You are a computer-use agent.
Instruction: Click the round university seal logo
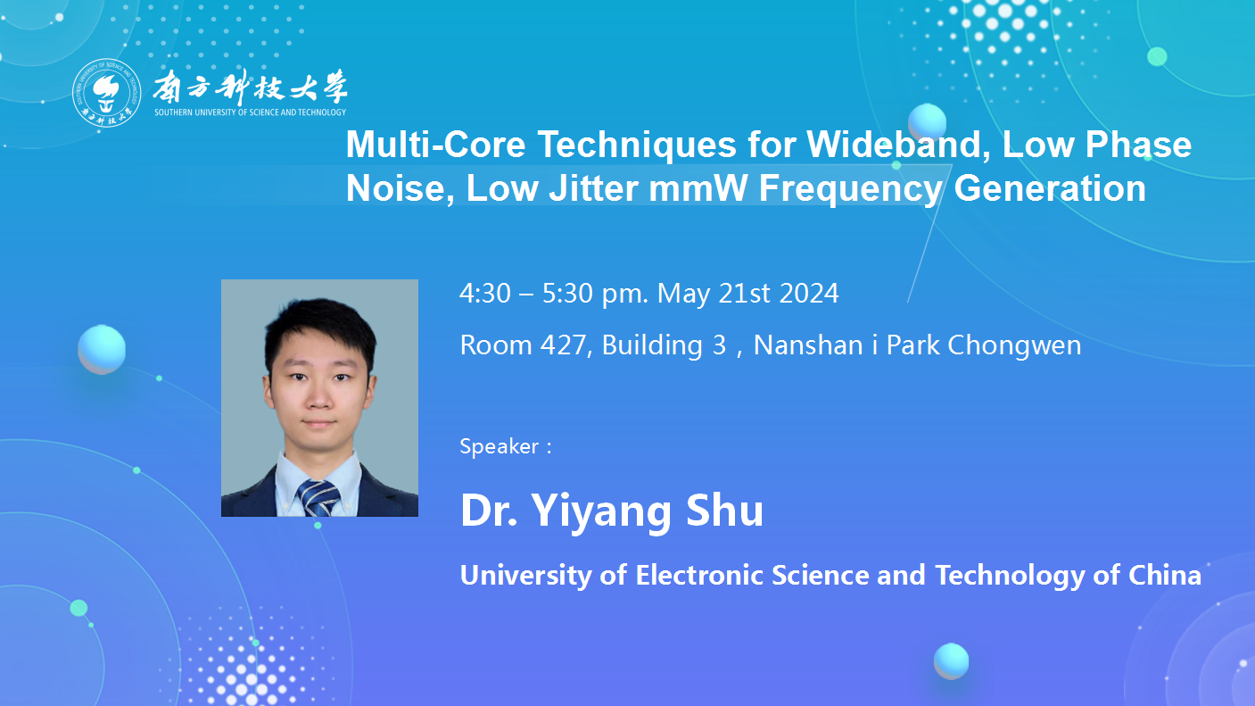(106, 93)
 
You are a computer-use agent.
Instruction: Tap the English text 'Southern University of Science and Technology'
(251, 112)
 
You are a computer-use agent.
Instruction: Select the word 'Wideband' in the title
(899, 145)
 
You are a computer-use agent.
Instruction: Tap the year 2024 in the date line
(808, 293)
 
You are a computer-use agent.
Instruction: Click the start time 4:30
(485, 293)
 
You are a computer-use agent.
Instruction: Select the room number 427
(563, 345)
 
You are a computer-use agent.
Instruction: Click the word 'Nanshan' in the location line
(808, 345)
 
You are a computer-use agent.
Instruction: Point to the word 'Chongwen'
(1014, 345)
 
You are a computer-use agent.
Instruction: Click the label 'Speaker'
(500, 446)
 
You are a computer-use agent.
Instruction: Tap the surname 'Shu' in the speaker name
(725, 511)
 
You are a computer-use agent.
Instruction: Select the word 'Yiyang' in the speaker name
(600, 511)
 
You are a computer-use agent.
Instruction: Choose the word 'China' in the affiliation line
(1165, 575)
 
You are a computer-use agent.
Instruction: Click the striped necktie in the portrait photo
(318, 497)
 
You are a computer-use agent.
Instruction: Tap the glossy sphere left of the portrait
(102, 349)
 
